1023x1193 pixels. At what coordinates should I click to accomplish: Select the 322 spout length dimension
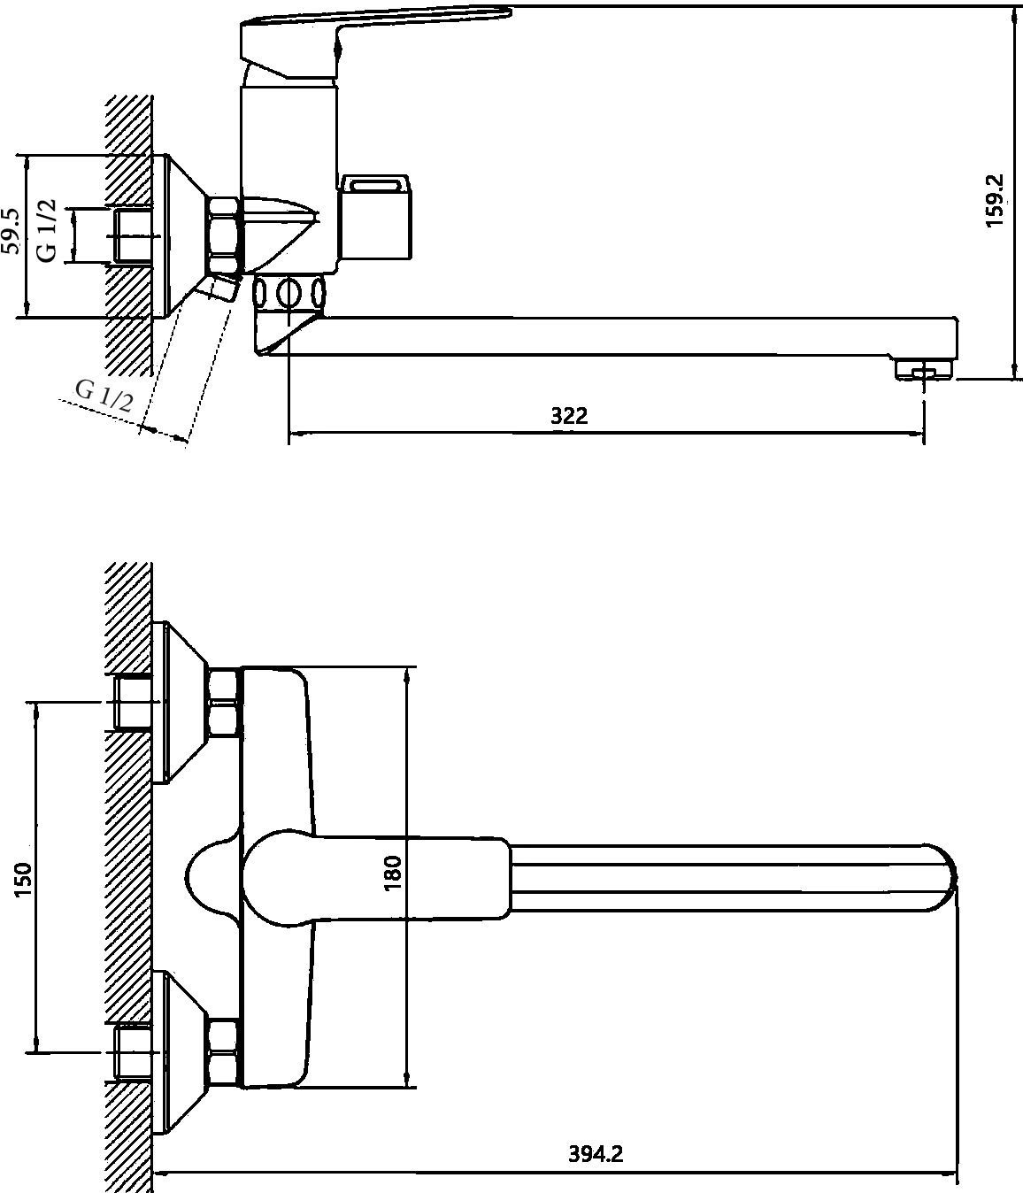pos(569,416)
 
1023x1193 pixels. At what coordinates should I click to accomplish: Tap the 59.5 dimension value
pos(12,232)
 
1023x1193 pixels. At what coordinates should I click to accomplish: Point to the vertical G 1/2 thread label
pos(47,231)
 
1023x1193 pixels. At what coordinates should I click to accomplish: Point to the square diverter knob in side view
pos(376,216)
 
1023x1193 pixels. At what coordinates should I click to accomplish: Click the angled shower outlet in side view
pos(218,288)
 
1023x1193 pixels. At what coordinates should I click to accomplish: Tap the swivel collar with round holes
pos(289,291)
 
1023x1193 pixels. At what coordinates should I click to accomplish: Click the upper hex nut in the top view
pos(224,703)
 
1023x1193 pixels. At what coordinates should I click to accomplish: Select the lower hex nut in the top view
pos(224,1051)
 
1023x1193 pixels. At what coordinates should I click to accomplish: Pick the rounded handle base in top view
pos(213,877)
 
